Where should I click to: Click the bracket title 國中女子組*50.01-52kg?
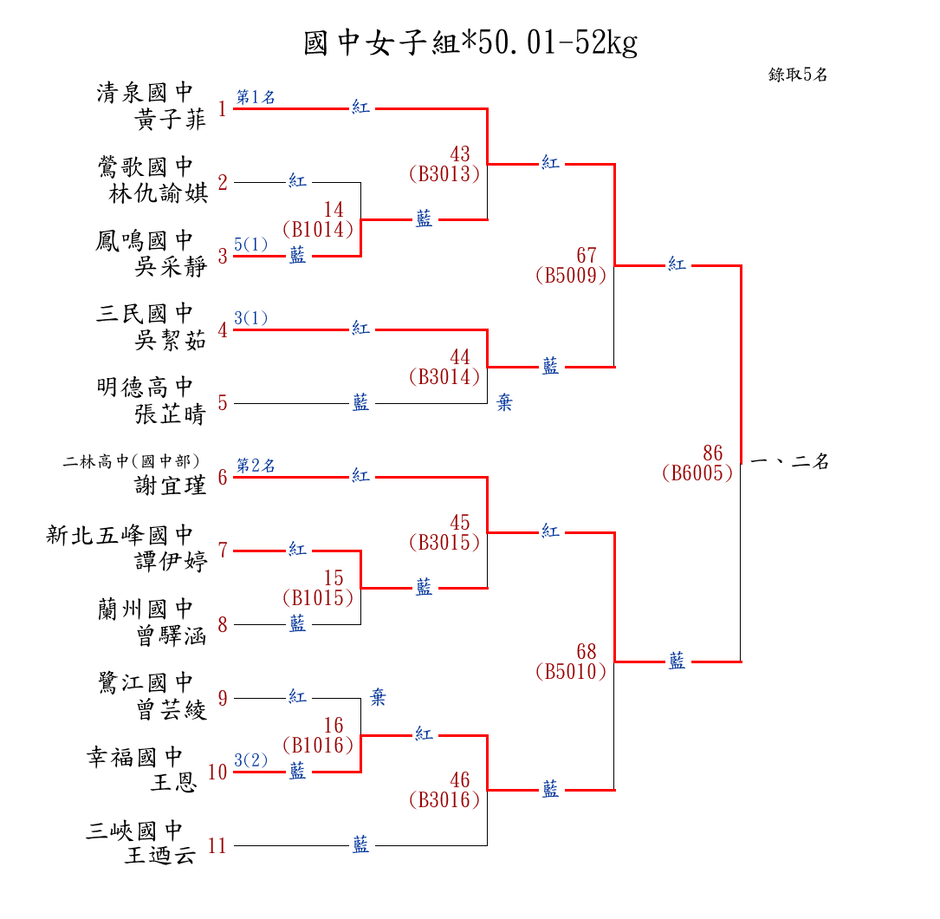(470, 43)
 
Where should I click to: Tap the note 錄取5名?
(798, 75)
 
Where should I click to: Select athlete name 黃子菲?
(171, 121)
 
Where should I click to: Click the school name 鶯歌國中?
(146, 166)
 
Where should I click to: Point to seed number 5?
(223, 403)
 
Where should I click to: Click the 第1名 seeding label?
(256, 97)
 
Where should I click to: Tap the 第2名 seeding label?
(256, 466)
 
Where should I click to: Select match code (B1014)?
(318, 230)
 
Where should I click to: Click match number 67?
(587, 256)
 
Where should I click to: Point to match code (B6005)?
(697, 473)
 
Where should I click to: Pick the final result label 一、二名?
(789, 462)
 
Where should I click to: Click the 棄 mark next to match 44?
(504, 403)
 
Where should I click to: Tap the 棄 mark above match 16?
(379, 697)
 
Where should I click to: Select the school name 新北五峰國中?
(120, 535)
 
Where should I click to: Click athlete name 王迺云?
(160, 857)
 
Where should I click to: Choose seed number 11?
(217, 846)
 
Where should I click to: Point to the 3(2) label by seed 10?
(251, 760)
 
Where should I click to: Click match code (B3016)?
(444, 800)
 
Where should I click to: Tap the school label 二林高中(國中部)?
(132, 461)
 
